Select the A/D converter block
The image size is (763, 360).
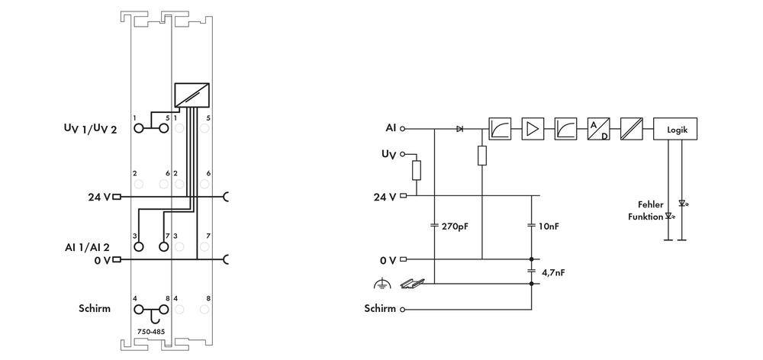(x=598, y=130)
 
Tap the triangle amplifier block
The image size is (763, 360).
(x=533, y=130)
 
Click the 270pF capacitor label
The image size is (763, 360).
(x=453, y=227)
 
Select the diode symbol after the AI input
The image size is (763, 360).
(x=459, y=130)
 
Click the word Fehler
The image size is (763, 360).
(x=651, y=204)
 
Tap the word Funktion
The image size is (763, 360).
(x=645, y=216)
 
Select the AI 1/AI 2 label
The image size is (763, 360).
(x=87, y=247)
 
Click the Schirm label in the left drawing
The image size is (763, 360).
(x=95, y=309)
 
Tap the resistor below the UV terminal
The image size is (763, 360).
(x=416, y=169)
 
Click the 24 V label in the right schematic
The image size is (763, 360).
(x=384, y=196)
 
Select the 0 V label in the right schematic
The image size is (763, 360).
(x=388, y=260)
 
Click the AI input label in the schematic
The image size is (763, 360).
(x=391, y=129)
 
